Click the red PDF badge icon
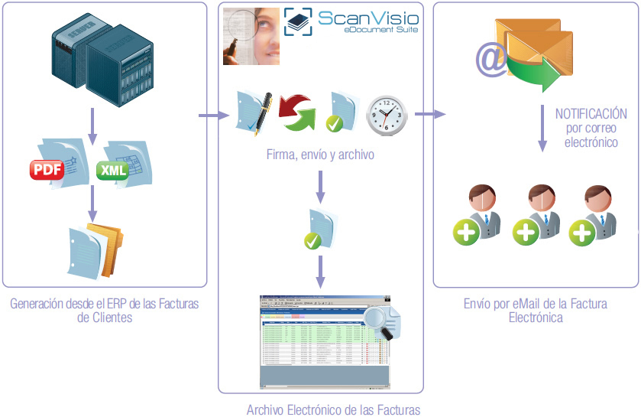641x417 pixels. click(47, 169)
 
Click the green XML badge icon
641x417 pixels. click(114, 170)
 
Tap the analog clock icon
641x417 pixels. click(387, 115)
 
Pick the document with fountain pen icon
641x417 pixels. click(254, 112)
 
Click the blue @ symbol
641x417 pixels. click(492, 60)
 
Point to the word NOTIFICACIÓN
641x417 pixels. click(591, 113)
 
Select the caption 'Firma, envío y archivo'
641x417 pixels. click(320, 155)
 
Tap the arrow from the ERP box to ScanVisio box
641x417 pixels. click(214, 116)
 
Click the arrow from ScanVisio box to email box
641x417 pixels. click(429, 115)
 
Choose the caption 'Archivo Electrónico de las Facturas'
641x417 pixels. click(333, 409)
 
